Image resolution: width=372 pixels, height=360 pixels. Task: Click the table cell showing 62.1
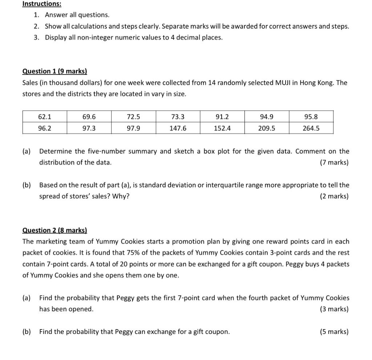coord(45,117)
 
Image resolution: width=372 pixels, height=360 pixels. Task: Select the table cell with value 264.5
coord(311,128)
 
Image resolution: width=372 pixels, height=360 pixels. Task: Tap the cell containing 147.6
coord(178,128)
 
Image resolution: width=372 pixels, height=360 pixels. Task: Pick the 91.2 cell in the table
coord(222,117)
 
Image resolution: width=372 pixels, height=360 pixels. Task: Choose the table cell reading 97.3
coord(89,128)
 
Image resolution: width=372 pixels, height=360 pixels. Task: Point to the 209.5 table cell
coord(267,128)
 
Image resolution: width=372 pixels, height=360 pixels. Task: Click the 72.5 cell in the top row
coord(133,117)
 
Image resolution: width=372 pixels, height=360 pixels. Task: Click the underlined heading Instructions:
coord(42,4)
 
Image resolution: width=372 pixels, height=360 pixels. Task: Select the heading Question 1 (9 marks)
coord(54,71)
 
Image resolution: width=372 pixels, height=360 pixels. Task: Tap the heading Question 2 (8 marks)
coord(54,230)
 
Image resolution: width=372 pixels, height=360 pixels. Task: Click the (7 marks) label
coord(334,162)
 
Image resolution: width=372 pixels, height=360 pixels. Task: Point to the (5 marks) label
coord(334,332)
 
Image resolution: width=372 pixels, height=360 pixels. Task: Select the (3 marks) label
coord(334,309)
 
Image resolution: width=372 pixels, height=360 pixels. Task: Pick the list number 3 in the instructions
coord(36,37)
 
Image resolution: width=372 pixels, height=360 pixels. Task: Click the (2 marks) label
coord(334,196)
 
